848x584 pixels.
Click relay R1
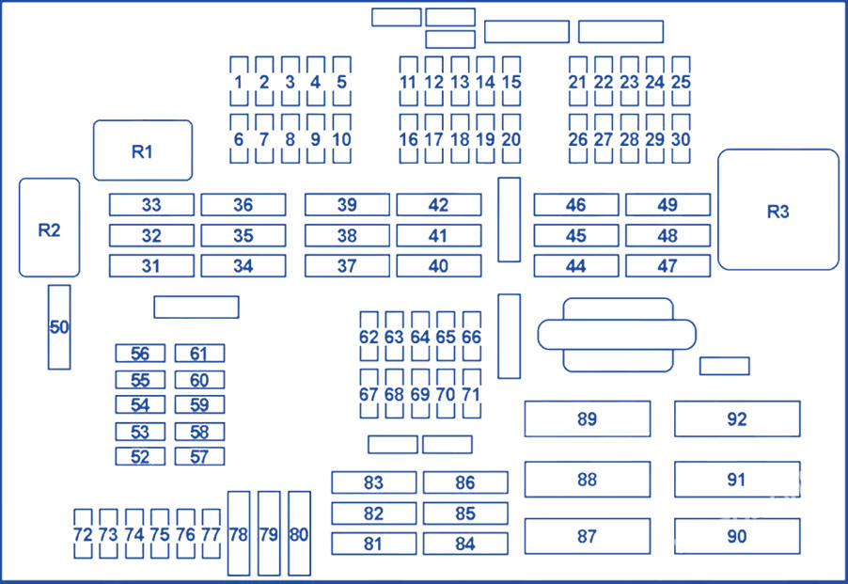(143, 150)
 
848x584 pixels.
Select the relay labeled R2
(49, 228)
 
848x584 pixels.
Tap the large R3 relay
(777, 210)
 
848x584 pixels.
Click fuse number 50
(59, 327)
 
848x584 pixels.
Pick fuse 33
(151, 205)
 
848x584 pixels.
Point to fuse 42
(438, 205)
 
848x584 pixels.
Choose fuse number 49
(667, 205)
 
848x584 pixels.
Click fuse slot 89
(587, 418)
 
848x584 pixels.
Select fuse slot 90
(736, 536)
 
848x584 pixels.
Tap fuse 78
(239, 533)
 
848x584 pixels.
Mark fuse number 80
(299, 533)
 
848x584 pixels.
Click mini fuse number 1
(239, 82)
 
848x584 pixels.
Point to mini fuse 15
(510, 82)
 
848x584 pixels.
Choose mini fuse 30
(682, 139)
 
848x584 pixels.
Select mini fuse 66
(471, 337)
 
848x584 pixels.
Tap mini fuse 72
(83, 535)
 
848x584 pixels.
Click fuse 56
(140, 354)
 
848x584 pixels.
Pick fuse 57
(199, 457)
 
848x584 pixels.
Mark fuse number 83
(373, 482)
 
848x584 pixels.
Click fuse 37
(347, 266)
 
